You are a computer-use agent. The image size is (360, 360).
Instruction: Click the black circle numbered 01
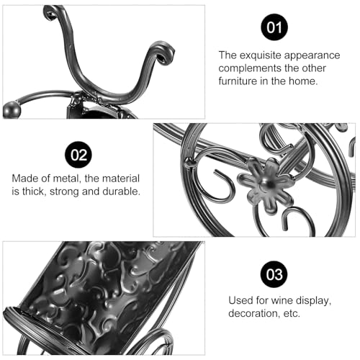coord(274,27)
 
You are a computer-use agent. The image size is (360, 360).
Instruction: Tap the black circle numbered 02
coord(78,155)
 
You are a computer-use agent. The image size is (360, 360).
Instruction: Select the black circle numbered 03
coord(274,274)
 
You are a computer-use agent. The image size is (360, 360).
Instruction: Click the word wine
coord(282,300)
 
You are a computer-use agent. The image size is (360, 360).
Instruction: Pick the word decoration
coord(254,313)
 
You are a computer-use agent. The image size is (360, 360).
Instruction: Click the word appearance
coord(312,56)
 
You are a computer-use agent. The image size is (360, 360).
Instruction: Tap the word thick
coord(35,192)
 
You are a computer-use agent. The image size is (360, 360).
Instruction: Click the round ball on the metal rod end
coord(12,109)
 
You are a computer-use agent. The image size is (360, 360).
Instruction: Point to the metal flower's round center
coord(267,184)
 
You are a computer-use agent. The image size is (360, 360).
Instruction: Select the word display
coord(314,301)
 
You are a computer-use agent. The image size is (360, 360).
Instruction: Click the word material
coord(121,179)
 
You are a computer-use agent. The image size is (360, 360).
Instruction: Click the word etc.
coord(292,314)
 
